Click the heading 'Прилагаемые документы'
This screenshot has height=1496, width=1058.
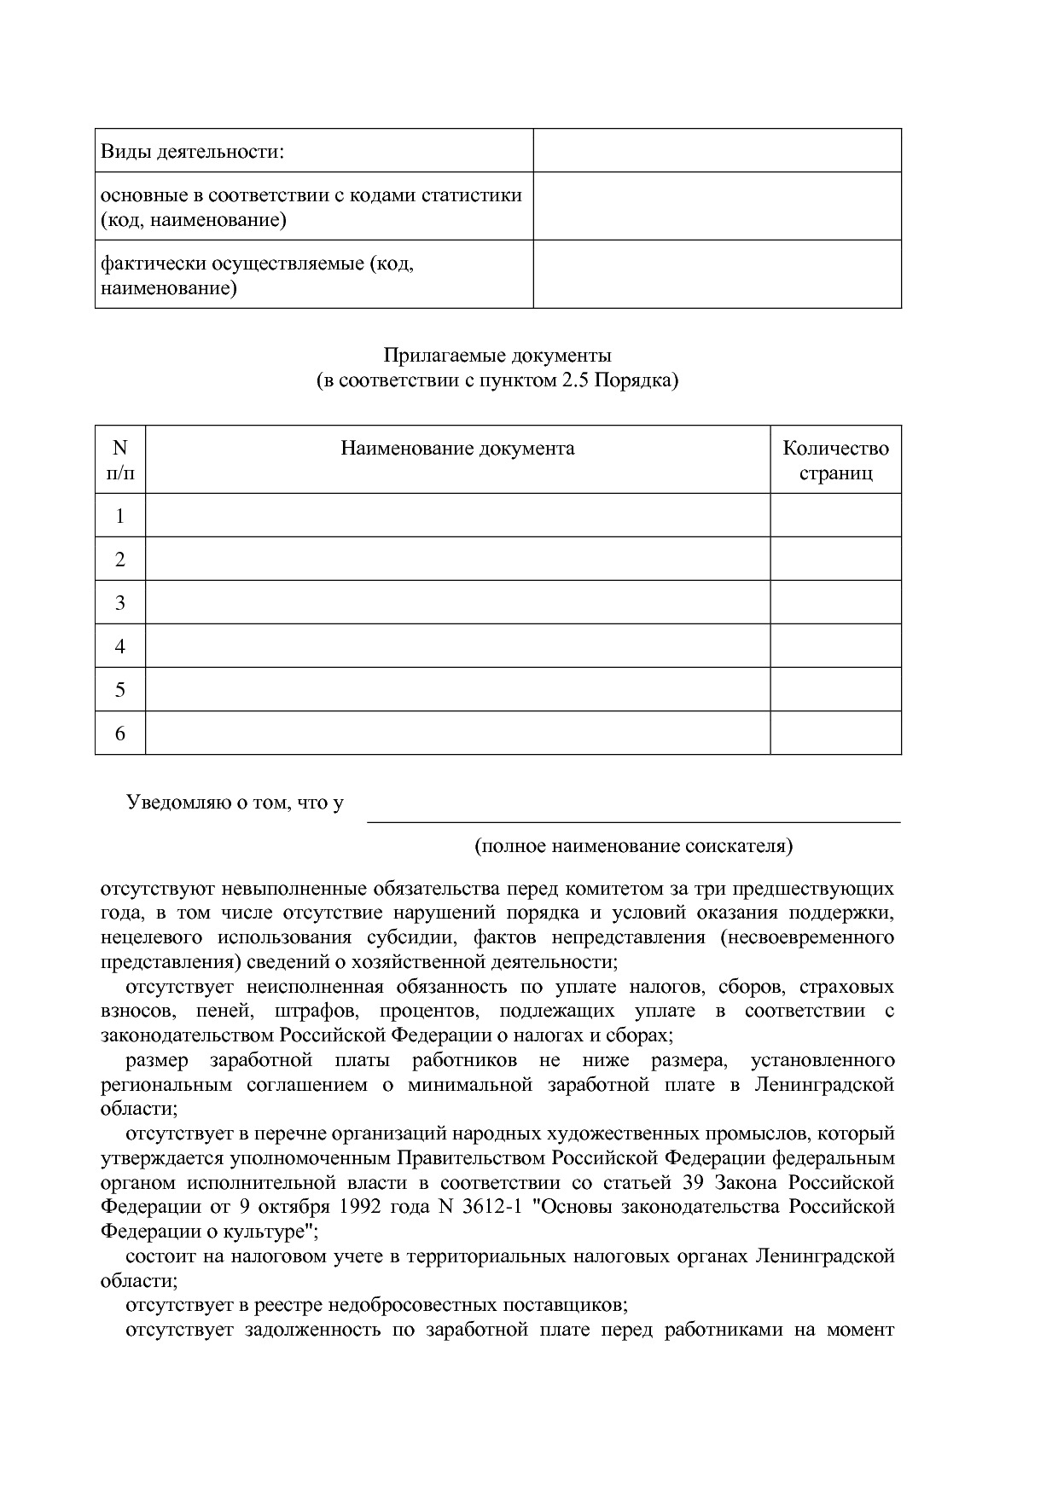pyautogui.click(x=497, y=355)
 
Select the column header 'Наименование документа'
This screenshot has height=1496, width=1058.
pyautogui.click(x=457, y=449)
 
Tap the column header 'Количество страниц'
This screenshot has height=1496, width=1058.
pyautogui.click(x=835, y=460)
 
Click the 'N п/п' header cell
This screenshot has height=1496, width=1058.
pyautogui.click(x=119, y=460)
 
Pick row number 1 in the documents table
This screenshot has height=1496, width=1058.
pyautogui.click(x=119, y=516)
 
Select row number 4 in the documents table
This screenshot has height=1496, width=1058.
pyautogui.click(x=119, y=647)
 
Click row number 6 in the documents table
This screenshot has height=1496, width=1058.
pyautogui.click(x=119, y=734)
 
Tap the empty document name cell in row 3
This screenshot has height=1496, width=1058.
pyautogui.click(x=457, y=603)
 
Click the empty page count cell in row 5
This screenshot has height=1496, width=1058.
pyautogui.click(x=835, y=690)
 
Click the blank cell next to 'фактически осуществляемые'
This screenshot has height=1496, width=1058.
pyautogui.click(x=717, y=275)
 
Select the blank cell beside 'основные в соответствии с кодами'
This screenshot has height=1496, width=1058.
pyautogui.click(x=717, y=206)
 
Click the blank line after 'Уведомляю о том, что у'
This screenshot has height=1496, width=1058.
pyautogui.click(x=633, y=810)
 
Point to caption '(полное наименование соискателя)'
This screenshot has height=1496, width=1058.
pyautogui.click(x=633, y=846)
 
